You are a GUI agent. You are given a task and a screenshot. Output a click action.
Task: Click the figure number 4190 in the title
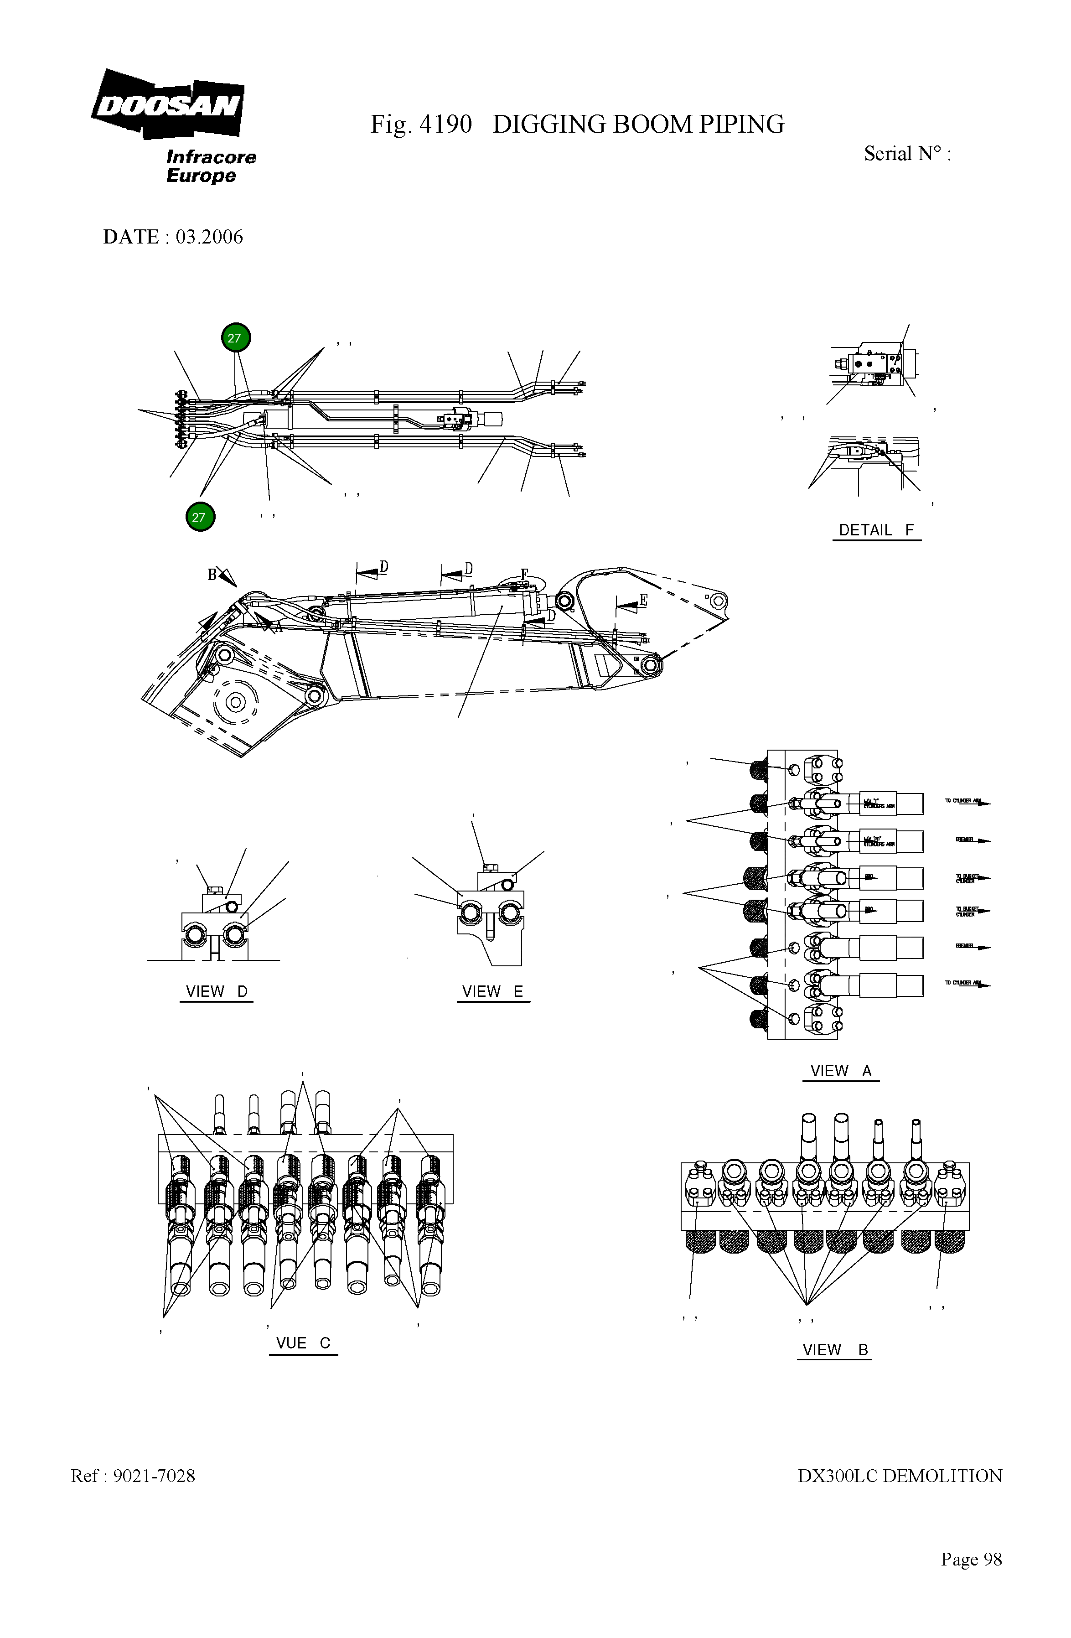pyautogui.click(x=445, y=124)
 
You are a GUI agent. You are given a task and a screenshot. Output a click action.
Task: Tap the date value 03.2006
pyautogui.click(x=209, y=237)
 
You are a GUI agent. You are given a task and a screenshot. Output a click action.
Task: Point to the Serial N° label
pyautogui.click(x=906, y=154)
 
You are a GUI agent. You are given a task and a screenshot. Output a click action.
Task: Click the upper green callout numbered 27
pyautogui.click(x=235, y=338)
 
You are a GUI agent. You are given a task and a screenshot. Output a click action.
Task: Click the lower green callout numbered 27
pyautogui.click(x=200, y=517)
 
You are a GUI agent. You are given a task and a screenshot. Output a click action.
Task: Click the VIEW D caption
pyautogui.click(x=216, y=992)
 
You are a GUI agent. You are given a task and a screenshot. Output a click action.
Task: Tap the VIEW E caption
pyautogui.click(x=493, y=992)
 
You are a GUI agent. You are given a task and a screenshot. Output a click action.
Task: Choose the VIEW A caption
pyautogui.click(x=840, y=1071)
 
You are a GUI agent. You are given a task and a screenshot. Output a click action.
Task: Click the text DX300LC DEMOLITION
pyautogui.click(x=900, y=1476)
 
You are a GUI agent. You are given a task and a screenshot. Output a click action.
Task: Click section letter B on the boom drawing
pyautogui.click(x=212, y=574)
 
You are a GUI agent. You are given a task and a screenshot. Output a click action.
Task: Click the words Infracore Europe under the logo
pyautogui.click(x=210, y=166)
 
